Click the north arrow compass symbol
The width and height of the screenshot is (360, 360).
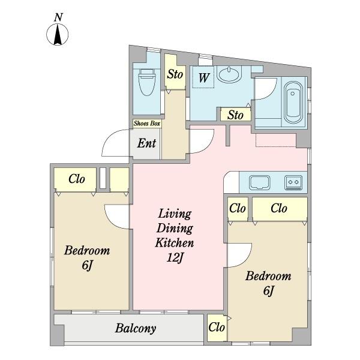coord(58,35)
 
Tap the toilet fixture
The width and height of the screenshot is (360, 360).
coord(147,82)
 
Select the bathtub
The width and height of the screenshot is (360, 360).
coord(293,103)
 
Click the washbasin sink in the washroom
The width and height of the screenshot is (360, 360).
coord(229,74)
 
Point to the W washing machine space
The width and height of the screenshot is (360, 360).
coord(203,77)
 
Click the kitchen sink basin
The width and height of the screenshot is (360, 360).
coord(260,182)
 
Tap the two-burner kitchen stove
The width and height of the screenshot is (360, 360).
coord(293,183)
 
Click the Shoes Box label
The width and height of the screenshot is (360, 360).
coord(147,123)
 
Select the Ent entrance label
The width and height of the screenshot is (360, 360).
coord(146,143)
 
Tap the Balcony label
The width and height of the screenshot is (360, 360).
coord(136,328)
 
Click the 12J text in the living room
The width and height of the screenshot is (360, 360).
coord(175,257)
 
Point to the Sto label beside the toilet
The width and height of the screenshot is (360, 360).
coord(175,74)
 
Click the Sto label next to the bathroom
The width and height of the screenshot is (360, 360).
coord(235,115)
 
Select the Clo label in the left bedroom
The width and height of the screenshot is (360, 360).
coord(77,179)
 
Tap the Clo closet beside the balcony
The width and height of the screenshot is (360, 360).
coord(217,327)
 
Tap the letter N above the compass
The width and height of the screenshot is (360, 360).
coord(58,17)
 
